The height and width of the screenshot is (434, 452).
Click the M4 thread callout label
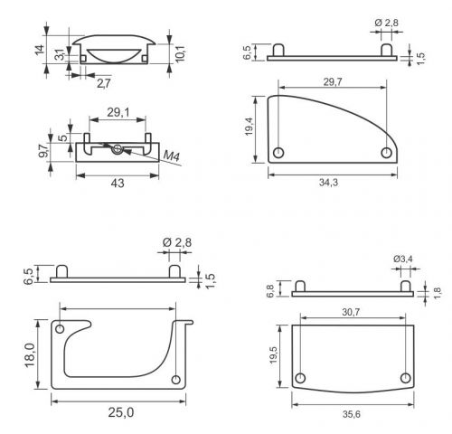[172, 156]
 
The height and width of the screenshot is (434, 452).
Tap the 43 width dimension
[118, 183]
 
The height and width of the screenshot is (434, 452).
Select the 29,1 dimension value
[118, 112]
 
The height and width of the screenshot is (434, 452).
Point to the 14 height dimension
[40, 50]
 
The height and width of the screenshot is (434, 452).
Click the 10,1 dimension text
[180, 53]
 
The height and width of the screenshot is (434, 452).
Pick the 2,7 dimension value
[104, 83]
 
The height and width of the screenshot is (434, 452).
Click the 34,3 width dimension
[328, 183]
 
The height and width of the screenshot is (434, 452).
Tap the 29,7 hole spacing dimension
[333, 82]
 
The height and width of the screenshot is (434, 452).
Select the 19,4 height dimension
[249, 127]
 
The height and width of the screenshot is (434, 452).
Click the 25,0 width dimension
[121, 412]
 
